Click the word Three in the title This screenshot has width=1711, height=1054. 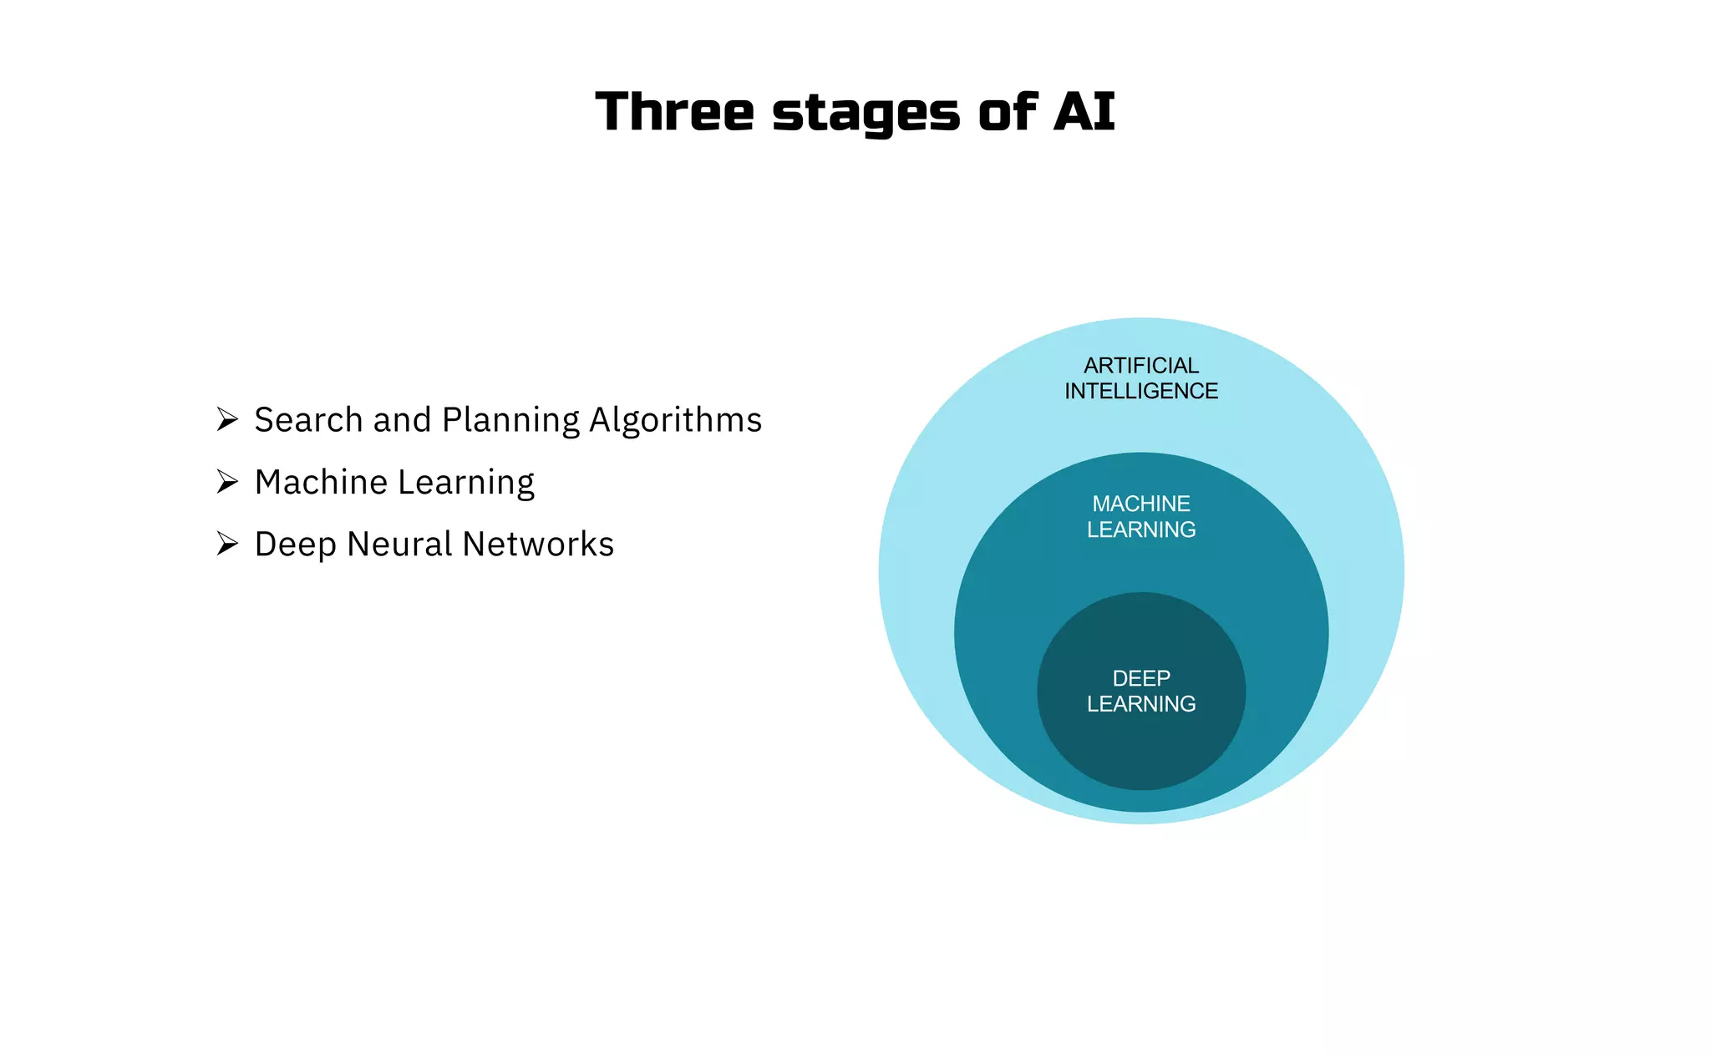[x=674, y=112]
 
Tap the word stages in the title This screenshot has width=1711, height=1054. [x=866, y=114]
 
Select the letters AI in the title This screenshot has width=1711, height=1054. [x=1084, y=112]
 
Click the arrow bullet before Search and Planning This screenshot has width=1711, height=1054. [x=227, y=419]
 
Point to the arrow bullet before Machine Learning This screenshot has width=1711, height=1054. [x=227, y=482]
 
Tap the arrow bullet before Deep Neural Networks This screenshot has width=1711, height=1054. [x=227, y=544]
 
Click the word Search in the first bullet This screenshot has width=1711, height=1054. [x=308, y=419]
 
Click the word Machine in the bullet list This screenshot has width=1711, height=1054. [x=321, y=482]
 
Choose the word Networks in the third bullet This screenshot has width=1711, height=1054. [x=538, y=544]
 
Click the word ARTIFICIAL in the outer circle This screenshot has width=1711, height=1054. [x=1140, y=366]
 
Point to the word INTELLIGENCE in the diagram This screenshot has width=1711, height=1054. [x=1140, y=391]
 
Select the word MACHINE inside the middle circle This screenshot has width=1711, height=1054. [x=1140, y=504]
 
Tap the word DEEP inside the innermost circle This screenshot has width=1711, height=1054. [x=1140, y=678]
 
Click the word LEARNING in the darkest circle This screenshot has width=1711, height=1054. [x=1140, y=704]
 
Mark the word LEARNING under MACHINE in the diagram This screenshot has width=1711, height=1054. [x=1140, y=530]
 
